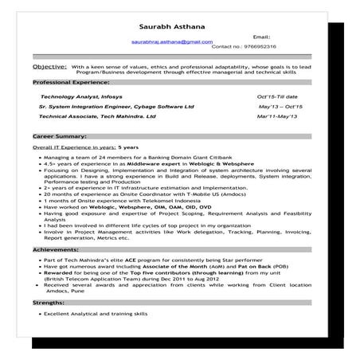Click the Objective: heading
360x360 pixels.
[x=49, y=68]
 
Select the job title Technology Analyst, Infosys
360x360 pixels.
[x=83, y=96]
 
